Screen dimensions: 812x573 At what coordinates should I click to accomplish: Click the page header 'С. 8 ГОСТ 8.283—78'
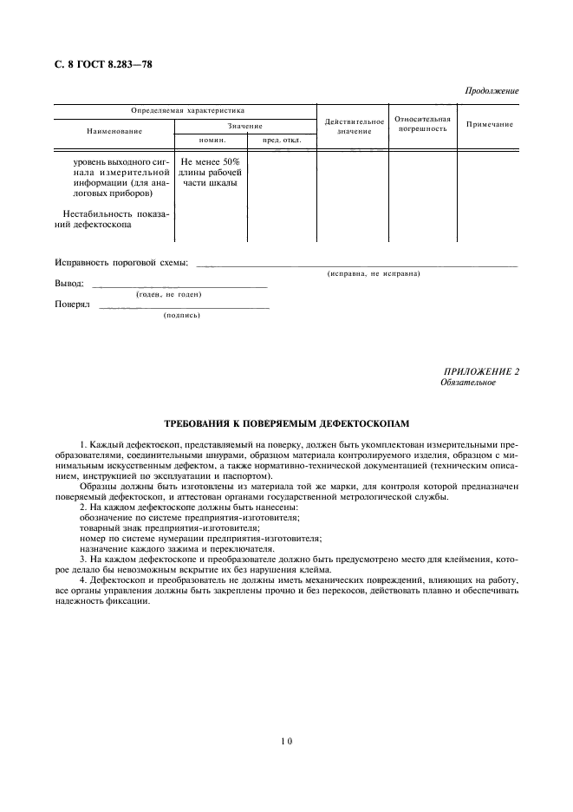pyautogui.click(x=103, y=63)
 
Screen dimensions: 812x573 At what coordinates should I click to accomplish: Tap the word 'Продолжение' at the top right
pyautogui.click(x=492, y=91)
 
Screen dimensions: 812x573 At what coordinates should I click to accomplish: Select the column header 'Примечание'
pyautogui.click(x=489, y=124)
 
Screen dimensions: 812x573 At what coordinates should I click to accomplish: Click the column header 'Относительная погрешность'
pyautogui.click(x=422, y=123)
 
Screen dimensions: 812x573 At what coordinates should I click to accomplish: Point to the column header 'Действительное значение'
pyautogui.click(x=354, y=127)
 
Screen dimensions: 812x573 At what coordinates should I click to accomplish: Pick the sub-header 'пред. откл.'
pyautogui.click(x=281, y=140)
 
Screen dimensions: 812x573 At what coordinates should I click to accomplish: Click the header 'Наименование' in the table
pyautogui.click(x=114, y=131)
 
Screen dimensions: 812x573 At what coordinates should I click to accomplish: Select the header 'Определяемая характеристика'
pyautogui.click(x=187, y=111)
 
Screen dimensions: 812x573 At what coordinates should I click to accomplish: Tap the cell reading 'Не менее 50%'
pyautogui.click(x=211, y=161)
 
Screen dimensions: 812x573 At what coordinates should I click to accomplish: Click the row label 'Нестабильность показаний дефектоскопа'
pyautogui.click(x=113, y=219)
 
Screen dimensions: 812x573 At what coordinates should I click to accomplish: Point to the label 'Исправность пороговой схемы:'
pyautogui.click(x=121, y=263)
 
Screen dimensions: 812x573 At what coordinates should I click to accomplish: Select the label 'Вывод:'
pyautogui.click(x=69, y=284)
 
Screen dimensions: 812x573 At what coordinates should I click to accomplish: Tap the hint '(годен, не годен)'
pyautogui.click(x=169, y=295)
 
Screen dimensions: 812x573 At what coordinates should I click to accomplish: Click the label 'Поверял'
pyautogui.click(x=72, y=304)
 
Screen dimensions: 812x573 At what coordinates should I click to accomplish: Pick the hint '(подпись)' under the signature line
pyautogui.click(x=181, y=316)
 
